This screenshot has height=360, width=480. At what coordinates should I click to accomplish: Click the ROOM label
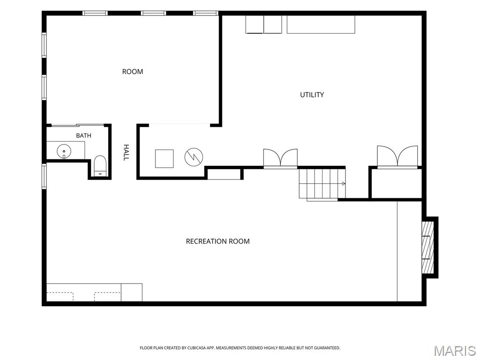click(133, 72)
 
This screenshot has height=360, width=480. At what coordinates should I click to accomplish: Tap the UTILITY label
click(312, 95)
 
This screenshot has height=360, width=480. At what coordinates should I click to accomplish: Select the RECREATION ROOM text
click(217, 241)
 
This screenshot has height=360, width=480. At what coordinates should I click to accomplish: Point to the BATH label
click(83, 135)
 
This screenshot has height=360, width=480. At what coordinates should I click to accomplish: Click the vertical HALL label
click(126, 152)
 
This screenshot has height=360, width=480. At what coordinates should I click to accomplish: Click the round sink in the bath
click(64, 151)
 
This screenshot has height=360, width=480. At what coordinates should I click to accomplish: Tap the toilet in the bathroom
click(100, 166)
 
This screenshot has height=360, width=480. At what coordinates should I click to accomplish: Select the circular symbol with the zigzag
click(194, 157)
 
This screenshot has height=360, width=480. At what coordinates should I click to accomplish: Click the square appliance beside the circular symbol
click(165, 158)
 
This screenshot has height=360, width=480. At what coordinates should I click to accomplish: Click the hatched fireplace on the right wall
click(427, 247)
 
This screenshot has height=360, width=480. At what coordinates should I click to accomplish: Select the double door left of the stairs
click(280, 158)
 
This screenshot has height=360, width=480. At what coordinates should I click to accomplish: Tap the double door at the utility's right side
click(397, 157)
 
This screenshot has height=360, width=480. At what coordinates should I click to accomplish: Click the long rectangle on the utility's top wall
click(321, 24)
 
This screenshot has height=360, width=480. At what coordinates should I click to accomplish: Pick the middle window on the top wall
click(153, 13)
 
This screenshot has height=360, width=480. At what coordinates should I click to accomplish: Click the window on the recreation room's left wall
click(44, 176)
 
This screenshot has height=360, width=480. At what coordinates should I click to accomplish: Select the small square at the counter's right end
click(132, 292)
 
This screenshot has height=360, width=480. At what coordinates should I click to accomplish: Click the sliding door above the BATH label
click(78, 125)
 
